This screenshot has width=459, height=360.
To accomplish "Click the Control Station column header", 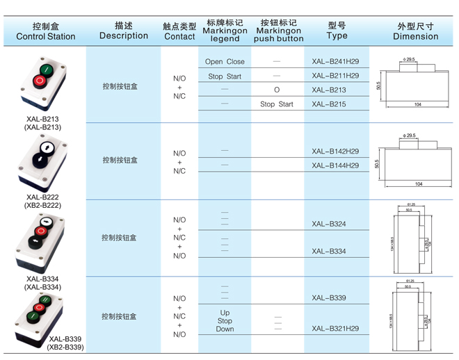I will (45, 31).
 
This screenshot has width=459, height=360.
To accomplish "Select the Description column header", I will (123, 31).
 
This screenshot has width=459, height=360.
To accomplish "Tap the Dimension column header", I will (415, 31).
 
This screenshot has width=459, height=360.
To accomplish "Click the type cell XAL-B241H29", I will (335, 61).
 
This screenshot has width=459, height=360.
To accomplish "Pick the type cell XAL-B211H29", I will (335, 75).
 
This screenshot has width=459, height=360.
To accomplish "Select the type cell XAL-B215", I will (328, 104).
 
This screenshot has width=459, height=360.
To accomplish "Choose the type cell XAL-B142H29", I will (335, 152).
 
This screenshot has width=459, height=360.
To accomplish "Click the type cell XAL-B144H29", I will (335, 165).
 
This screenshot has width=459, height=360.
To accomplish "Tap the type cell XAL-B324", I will (329, 224).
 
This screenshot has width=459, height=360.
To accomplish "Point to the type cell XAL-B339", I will (329, 297).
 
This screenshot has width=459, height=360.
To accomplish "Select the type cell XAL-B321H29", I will (335, 328).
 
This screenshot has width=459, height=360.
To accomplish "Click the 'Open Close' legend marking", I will (225, 62).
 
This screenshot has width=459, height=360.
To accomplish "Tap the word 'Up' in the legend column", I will (225, 313).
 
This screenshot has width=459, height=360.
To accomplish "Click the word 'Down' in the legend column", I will (225, 329).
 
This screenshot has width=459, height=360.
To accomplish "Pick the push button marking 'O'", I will (277, 90).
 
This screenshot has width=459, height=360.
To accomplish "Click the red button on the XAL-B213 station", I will (39, 82).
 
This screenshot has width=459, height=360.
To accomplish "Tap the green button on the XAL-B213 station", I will (45, 69).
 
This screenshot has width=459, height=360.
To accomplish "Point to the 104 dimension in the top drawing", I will (418, 104).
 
